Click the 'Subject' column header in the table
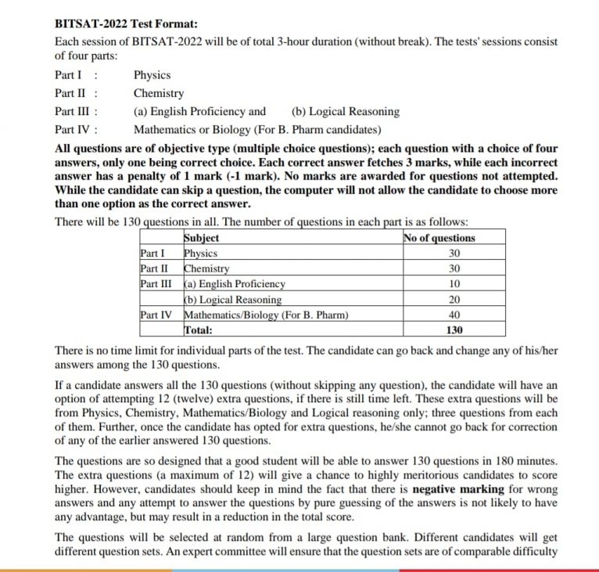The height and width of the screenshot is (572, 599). (202, 238)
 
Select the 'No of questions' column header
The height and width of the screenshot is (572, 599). (439, 238)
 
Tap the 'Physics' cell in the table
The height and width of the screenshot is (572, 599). (200, 253)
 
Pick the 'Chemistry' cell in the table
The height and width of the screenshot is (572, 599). (206, 268)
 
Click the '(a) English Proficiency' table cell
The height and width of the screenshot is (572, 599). (235, 284)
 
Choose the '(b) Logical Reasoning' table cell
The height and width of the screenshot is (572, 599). (233, 300)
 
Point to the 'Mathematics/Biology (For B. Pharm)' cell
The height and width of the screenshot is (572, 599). (266, 315)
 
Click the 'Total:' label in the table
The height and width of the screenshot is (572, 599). (199, 330)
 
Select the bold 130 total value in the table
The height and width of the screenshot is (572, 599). (454, 330)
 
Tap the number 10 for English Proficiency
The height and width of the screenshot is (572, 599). (454, 284)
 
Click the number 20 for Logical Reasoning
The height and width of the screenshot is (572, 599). (454, 300)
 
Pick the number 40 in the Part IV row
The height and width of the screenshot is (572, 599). (454, 315)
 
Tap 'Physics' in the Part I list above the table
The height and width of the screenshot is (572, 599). (152, 75)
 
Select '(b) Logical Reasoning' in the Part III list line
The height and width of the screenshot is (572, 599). (345, 111)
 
